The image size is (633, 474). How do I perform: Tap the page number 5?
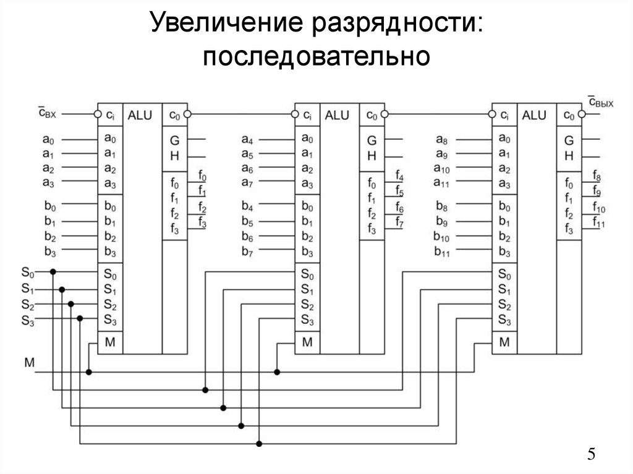pyautogui.click(x=592, y=455)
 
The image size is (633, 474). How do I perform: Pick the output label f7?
pyautogui.click(x=399, y=222)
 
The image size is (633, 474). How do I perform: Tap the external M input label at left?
pyautogui.click(x=30, y=362)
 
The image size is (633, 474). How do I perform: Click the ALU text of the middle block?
pyautogui.click(x=337, y=115)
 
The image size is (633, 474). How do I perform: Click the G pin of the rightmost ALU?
pyautogui.click(x=569, y=140)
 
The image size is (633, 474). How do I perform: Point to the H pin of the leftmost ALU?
pyautogui.click(x=174, y=156)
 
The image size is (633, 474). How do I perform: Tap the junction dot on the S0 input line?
pyautogui.click(x=53, y=271)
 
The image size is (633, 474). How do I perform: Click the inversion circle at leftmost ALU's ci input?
pyautogui.click(x=97, y=114)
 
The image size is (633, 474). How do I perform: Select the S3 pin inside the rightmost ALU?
pyautogui.click(x=504, y=320)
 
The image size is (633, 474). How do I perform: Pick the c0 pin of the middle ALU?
pyautogui.click(x=372, y=116)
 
